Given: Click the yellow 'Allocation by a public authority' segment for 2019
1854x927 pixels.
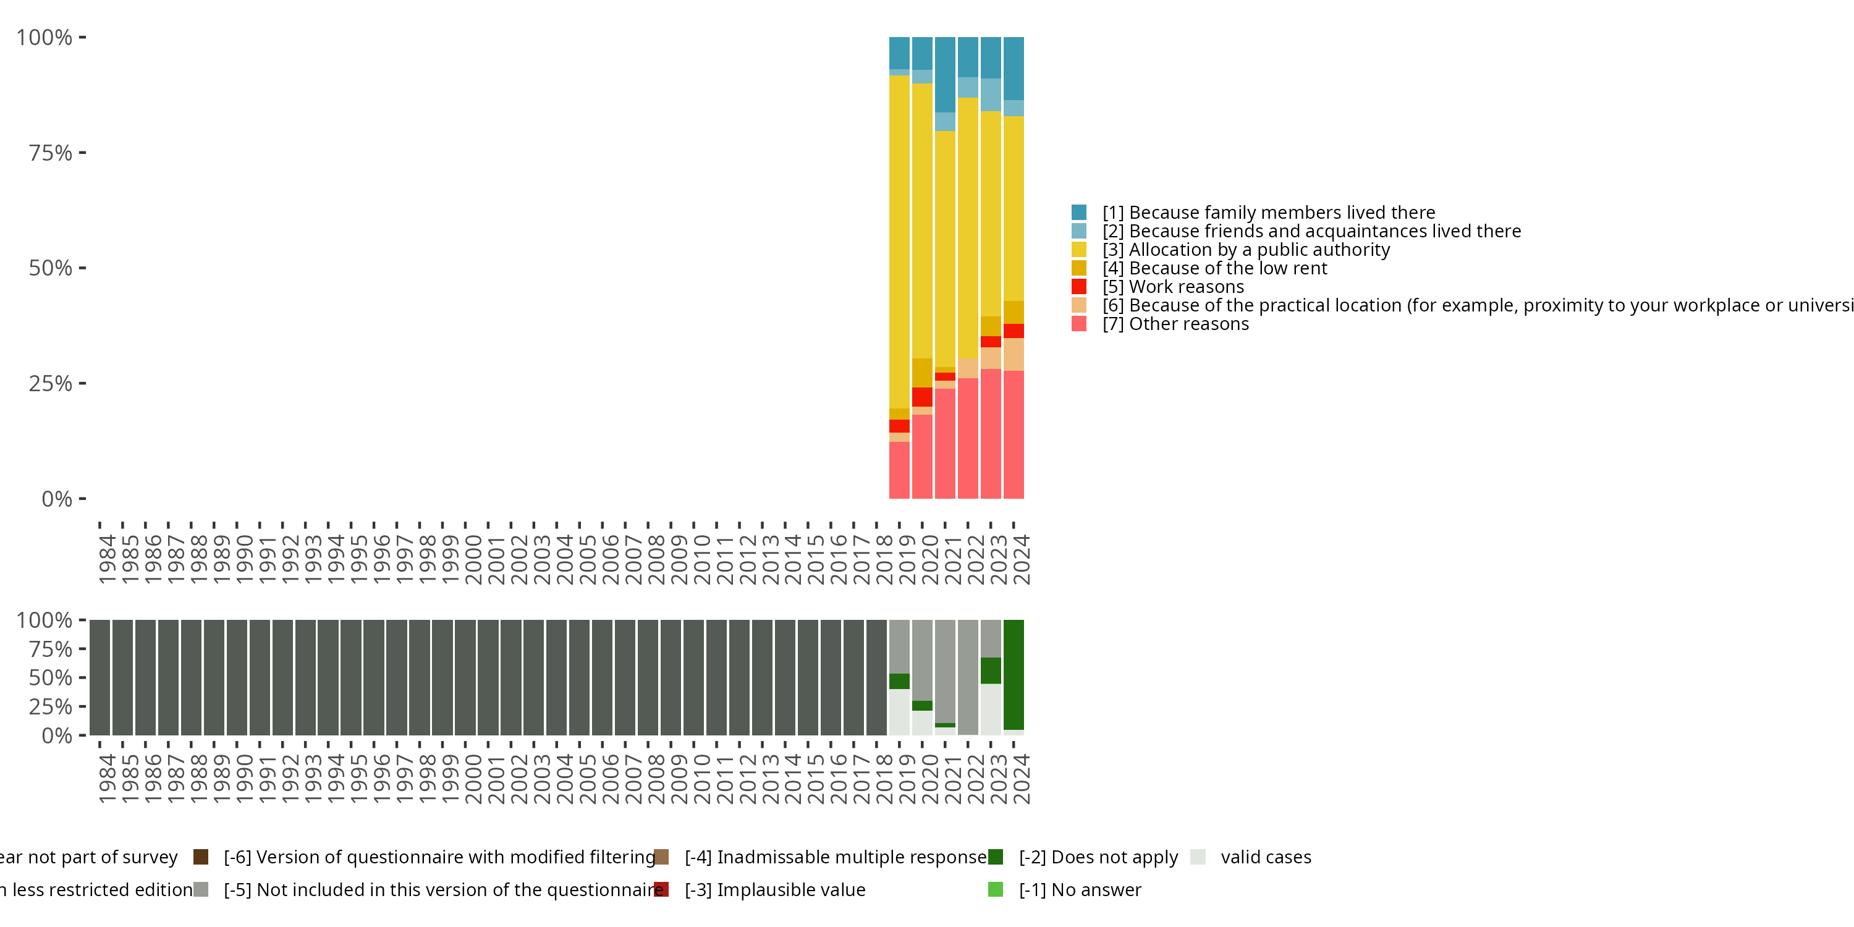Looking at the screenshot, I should pos(899,242).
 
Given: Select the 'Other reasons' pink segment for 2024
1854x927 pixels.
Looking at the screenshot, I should pos(1014,434).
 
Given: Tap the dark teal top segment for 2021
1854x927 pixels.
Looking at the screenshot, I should pos(945,74).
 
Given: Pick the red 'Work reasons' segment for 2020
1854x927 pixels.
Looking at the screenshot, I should pos(922,397).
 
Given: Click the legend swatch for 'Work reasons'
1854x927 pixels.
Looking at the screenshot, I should pos(1079,287).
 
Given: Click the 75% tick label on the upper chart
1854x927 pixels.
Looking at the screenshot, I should pos(51,153).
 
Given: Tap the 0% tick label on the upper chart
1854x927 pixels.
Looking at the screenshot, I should pos(57,499).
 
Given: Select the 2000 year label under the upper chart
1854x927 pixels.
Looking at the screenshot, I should pos(473,559).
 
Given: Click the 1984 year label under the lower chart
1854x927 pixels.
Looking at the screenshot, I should pos(106,779).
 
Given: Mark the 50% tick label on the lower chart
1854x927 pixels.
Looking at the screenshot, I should pos(51,677).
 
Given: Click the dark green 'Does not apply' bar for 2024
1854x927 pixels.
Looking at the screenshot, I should pos(1014,674).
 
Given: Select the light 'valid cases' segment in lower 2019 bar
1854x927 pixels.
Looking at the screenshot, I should pos(899,712).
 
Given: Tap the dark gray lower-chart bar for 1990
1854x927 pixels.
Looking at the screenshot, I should pos(237,677).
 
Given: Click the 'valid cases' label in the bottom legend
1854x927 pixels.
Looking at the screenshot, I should pos(1265,857).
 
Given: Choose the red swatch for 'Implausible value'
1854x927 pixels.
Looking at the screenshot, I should pos(661,889).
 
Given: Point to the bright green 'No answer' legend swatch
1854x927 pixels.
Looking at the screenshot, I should pos(996,889).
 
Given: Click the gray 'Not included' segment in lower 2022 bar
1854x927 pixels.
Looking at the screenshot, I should pos(968,677).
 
